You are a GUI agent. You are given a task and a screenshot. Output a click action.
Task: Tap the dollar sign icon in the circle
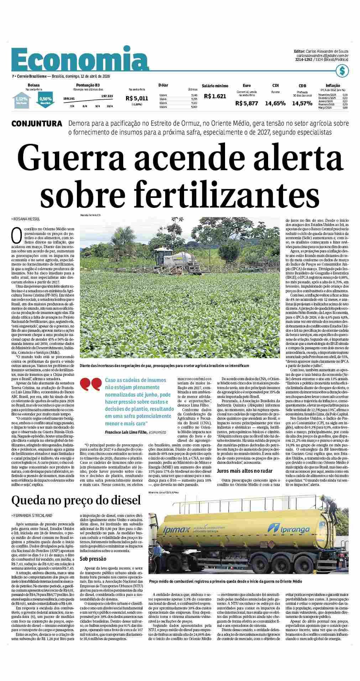point(342,70)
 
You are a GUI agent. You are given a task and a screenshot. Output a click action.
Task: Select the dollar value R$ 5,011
point(137,98)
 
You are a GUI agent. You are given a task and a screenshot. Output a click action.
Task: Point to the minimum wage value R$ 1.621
point(215,96)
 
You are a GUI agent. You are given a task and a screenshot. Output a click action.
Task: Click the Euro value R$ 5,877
point(246,103)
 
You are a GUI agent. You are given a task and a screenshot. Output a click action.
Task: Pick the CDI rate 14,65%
point(275,103)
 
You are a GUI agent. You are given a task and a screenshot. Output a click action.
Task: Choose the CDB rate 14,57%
point(302,103)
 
